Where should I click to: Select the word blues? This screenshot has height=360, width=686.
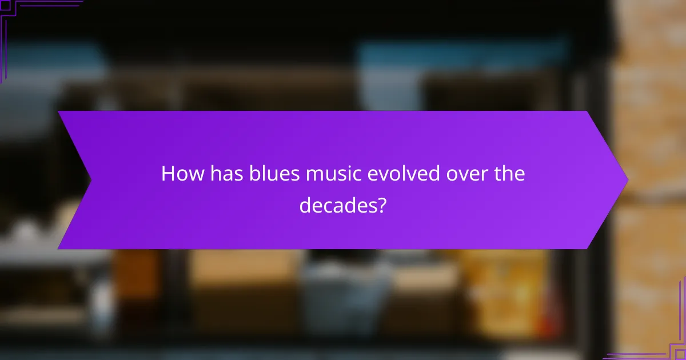(270, 174)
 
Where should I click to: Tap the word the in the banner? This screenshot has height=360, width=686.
(508, 174)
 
